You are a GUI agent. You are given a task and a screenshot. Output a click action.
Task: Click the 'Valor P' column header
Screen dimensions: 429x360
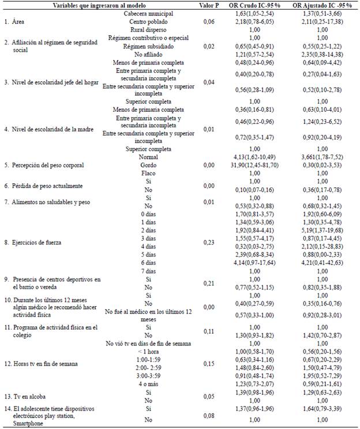[x=208, y=5]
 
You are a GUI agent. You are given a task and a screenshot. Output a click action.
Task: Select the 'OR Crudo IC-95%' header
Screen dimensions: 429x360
[x=255, y=5]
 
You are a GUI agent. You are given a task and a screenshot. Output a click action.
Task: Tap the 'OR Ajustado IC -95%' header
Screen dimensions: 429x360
[x=322, y=5]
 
